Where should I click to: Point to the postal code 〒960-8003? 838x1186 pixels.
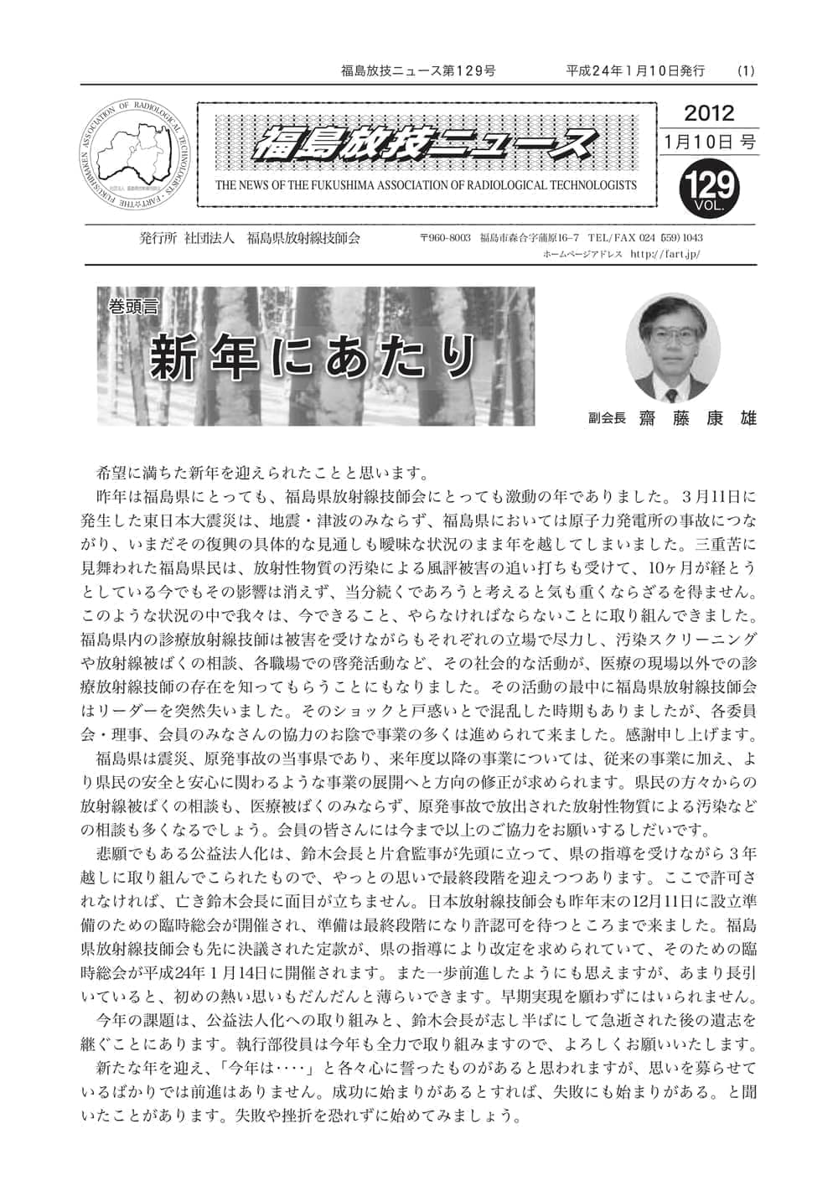pyautogui.click(x=446, y=239)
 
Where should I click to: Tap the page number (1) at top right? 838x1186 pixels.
pyautogui.click(x=746, y=71)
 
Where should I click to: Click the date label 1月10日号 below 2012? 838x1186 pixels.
pyautogui.click(x=709, y=142)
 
